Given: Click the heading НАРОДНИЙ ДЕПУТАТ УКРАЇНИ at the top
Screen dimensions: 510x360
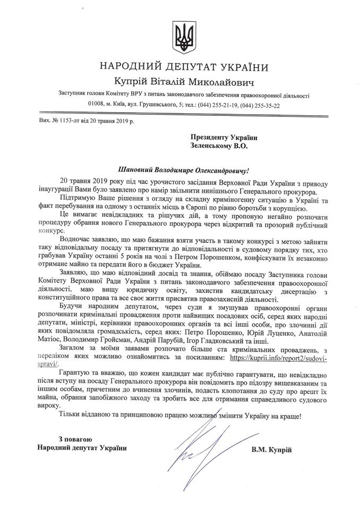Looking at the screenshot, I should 180,67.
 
